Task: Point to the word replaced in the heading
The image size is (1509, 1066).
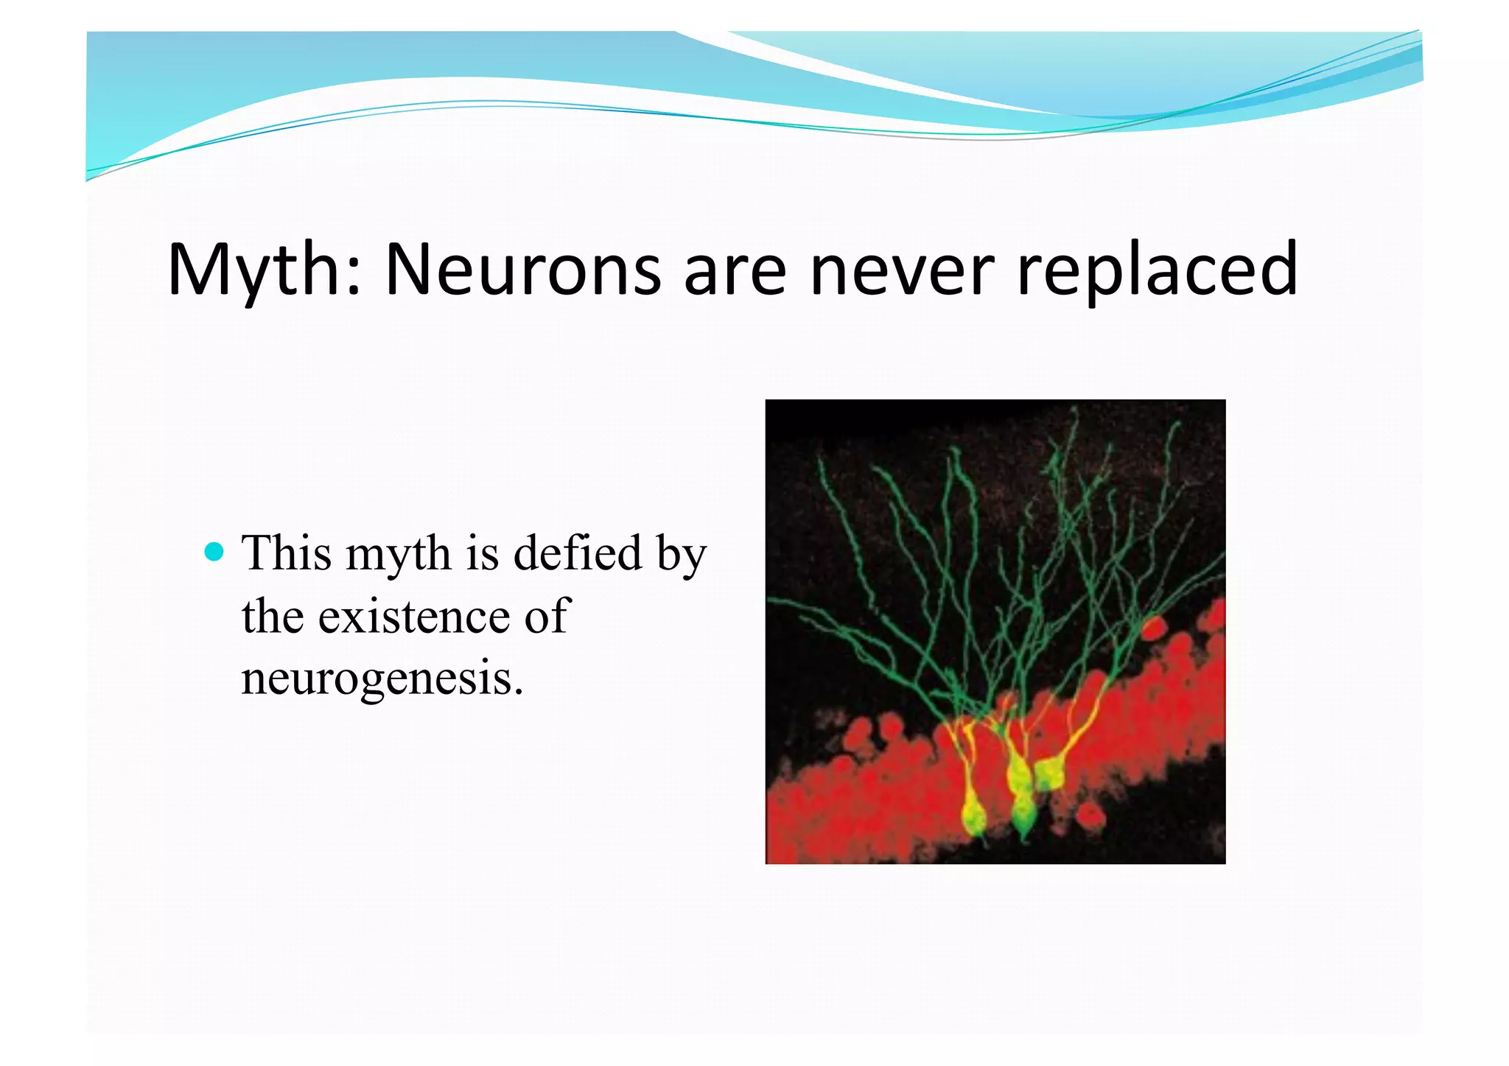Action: tap(1156, 271)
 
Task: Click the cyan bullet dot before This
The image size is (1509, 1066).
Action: tap(214, 551)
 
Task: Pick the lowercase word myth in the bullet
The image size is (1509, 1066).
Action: tap(399, 555)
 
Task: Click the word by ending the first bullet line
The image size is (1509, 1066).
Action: tap(682, 555)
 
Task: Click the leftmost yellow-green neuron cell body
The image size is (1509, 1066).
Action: tap(974, 816)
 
